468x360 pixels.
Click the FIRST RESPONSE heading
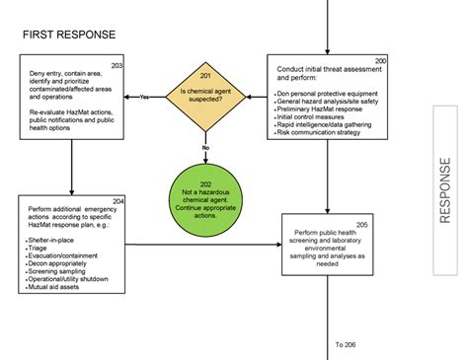(x=69, y=35)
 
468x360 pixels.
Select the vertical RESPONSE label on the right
(x=445, y=189)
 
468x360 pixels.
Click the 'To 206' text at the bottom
(x=347, y=344)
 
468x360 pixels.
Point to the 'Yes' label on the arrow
(x=144, y=97)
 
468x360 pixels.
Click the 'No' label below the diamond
(x=205, y=147)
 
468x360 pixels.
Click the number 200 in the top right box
(x=380, y=61)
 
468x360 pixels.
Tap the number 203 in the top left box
(x=117, y=65)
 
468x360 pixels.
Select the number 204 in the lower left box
(x=117, y=201)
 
